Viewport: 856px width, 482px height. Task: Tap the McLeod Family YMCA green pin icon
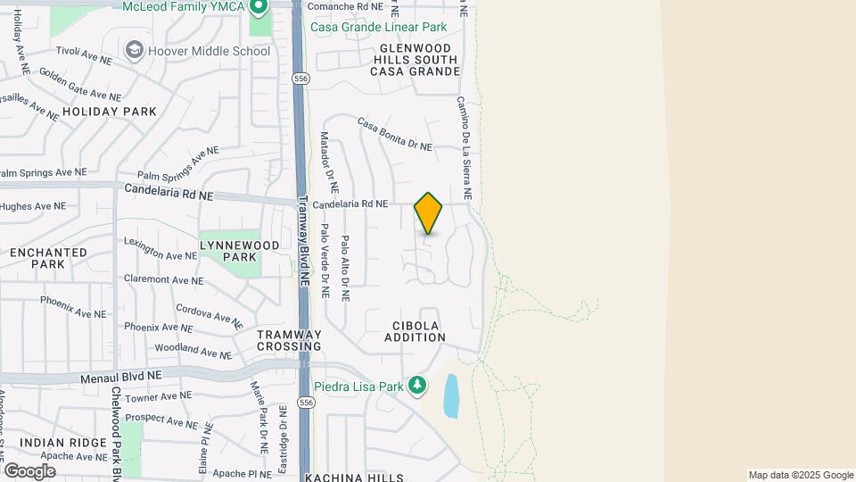[259, 8]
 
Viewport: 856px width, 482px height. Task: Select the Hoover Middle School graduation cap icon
[135, 50]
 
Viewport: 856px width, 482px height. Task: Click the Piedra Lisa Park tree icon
[416, 386]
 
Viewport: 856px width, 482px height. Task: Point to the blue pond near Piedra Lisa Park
[451, 395]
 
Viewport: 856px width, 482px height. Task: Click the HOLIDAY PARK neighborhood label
[110, 112]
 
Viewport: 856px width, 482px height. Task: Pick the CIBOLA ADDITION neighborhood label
[415, 331]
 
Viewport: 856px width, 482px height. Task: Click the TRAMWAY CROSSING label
[289, 340]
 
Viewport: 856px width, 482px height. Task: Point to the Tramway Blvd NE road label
[303, 241]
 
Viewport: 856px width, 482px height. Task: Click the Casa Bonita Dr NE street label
[395, 133]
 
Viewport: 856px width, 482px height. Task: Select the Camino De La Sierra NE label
[465, 148]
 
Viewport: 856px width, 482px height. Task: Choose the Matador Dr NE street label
[329, 163]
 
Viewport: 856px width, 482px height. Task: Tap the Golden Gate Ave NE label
[79, 84]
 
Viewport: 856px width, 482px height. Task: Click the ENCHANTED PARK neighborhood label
[48, 258]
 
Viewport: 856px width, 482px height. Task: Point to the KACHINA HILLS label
[354, 478]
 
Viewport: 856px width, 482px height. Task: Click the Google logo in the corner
[29, 470]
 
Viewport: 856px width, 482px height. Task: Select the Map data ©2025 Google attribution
[801, 475]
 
